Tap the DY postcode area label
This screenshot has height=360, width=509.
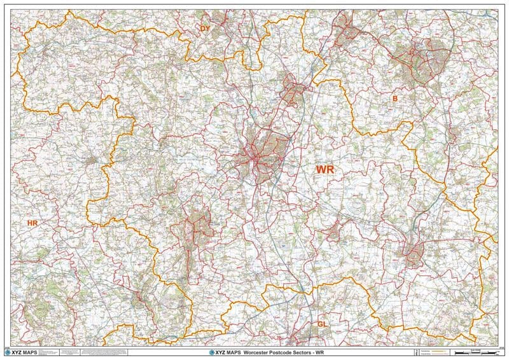click(205, 29)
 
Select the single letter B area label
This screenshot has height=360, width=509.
click(394, 99)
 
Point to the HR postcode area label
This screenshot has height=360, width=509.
click(32, 223)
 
